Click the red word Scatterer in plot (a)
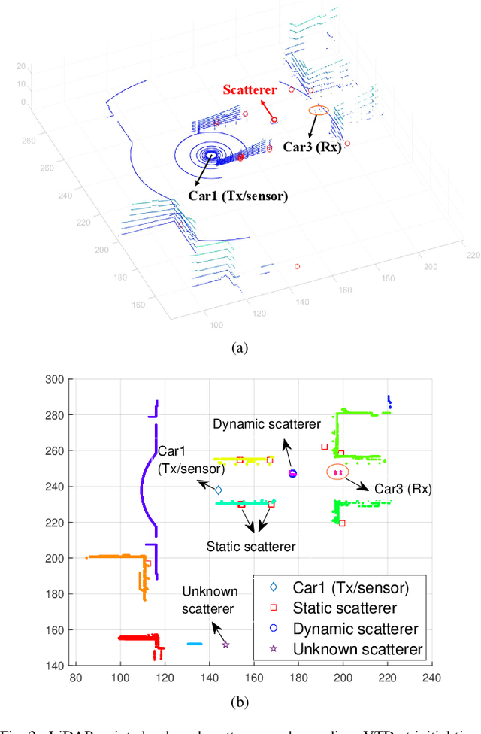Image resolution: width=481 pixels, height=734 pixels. [250, 91]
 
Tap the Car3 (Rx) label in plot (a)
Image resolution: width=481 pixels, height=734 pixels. [312, 147]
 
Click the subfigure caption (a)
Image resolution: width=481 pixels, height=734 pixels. [239, 347]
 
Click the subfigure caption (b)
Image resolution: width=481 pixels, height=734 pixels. [239, 702]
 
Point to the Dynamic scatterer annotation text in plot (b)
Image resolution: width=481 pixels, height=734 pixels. [267, 424]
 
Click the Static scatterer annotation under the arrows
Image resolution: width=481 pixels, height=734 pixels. [251, 547]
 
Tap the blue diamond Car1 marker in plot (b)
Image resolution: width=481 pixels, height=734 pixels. [219, 490]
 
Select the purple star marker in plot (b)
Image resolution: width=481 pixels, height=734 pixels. [225, 645]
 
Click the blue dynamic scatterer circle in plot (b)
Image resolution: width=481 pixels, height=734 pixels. [292, 474]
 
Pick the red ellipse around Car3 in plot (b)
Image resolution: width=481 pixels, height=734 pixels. [337, 472]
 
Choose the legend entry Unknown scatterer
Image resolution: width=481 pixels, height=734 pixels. [358, 649]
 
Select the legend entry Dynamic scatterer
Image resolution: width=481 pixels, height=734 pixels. [355, 629]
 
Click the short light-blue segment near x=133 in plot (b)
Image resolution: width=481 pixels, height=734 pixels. [195, 644]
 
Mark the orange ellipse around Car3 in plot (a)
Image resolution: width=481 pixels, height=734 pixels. [319, 110]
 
